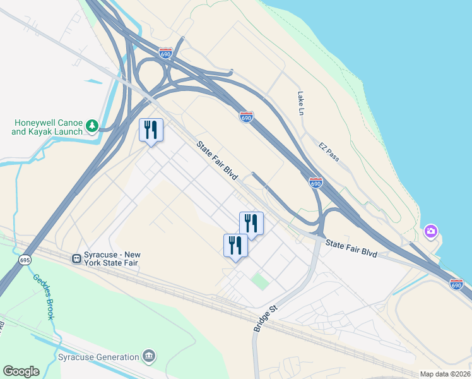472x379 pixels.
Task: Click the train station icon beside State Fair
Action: [x=76, y=258]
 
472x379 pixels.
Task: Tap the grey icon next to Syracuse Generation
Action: [x=150, y=356]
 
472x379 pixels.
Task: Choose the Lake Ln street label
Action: [x=301, y=103]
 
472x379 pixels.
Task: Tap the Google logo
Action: [x=21, y=371]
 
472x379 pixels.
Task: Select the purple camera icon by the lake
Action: [x=431, y=231]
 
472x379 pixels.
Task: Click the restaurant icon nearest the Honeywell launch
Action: [x=151, y=130]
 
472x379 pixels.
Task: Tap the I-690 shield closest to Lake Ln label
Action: [x=247, y=117]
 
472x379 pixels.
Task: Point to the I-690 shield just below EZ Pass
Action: [x=316, y=183]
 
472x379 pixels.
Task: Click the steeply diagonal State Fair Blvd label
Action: [x=216, y=160]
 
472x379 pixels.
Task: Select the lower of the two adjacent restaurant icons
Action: [x=235, y=245]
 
